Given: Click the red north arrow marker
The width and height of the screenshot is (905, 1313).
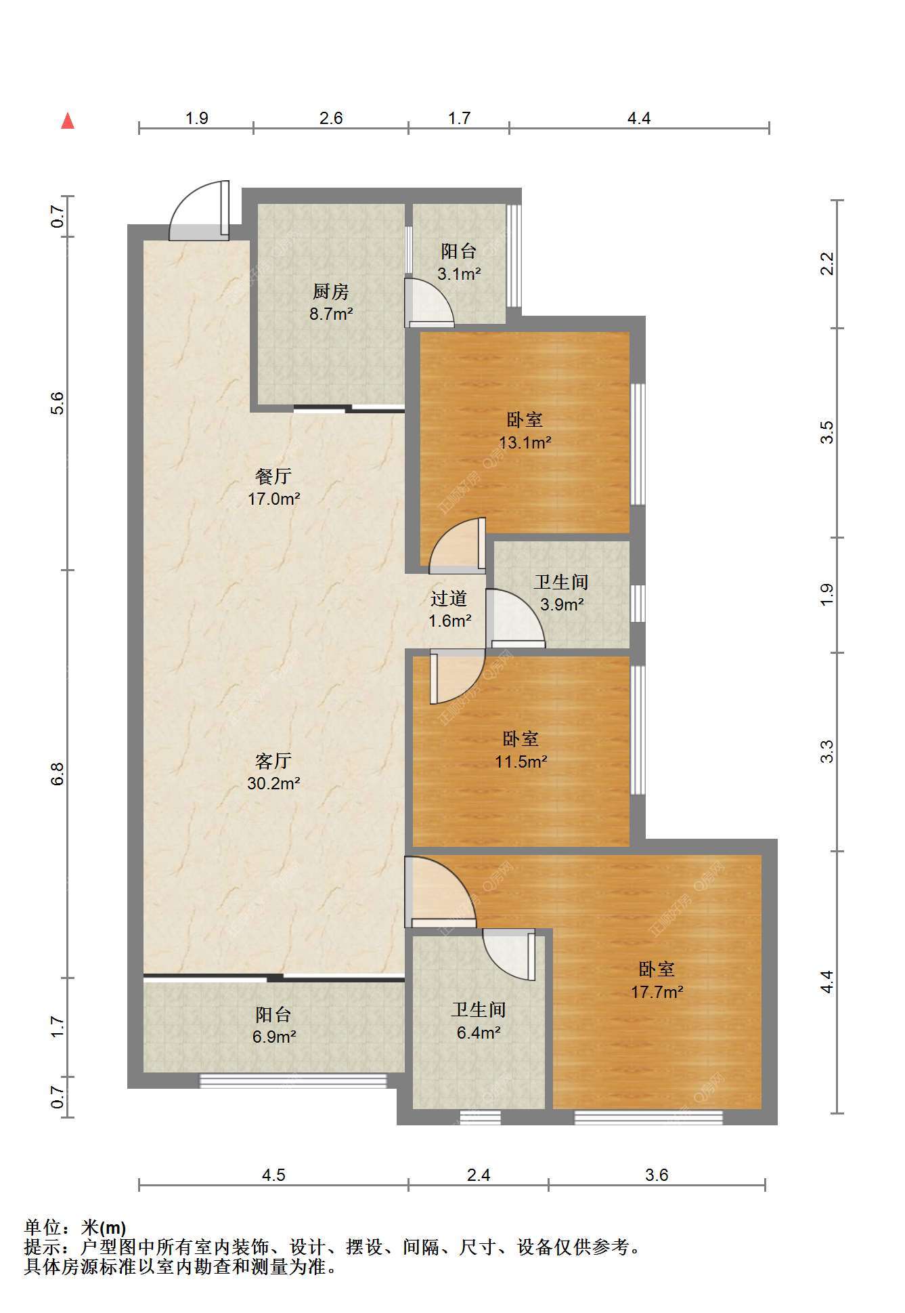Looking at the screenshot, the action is [x=68, y=121].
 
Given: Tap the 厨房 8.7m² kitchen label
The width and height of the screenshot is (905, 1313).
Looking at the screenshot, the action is [x=331, y=303].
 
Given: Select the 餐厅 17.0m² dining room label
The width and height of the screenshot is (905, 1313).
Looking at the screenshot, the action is [x=273, y=488].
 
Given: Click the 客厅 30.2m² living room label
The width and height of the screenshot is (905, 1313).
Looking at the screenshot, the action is [x=273, y=772].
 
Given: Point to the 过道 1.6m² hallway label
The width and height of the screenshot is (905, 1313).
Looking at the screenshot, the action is [x=449, y=609].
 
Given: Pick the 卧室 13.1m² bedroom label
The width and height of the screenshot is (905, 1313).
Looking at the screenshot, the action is [x=525, y=432].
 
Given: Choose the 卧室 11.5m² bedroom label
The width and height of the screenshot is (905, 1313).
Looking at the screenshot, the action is [x=521, y=750].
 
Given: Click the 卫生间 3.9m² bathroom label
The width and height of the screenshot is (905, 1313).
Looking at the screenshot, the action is [x=561, y=593].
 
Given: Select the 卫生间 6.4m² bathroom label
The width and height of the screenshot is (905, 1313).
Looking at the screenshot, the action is [x=479, y=1021].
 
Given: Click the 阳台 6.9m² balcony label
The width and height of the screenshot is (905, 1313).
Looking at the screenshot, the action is [x=273, y=1025].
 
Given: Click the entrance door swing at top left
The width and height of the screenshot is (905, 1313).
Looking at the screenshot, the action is [x=199, y=210].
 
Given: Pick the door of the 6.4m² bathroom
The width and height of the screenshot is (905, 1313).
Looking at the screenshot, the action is [x=509, y=954].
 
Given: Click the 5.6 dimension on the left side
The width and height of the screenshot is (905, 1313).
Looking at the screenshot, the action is [x=58, y=404].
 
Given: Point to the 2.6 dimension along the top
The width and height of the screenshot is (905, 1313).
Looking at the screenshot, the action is [x=331, y=119].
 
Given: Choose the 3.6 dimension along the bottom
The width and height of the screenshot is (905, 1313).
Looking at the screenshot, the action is [x=657, y=1175].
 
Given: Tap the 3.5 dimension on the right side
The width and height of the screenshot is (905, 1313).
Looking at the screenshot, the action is [x=827, y=432].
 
